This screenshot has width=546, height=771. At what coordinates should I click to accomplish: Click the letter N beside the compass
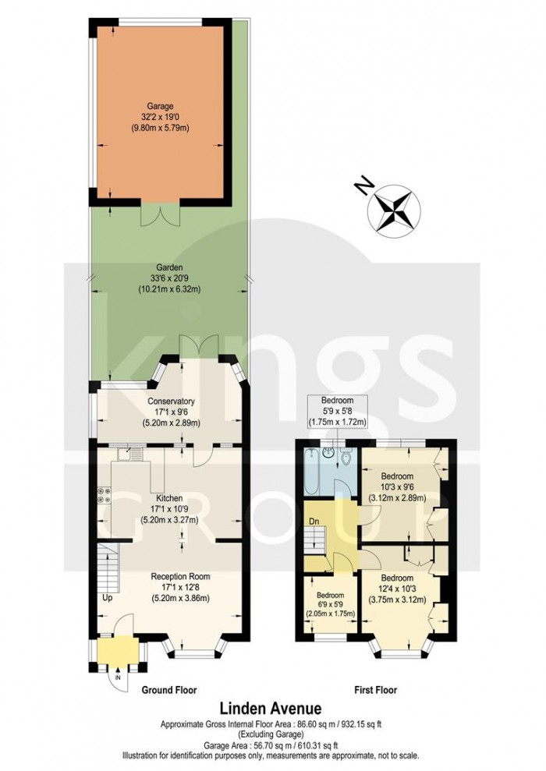[360, 185]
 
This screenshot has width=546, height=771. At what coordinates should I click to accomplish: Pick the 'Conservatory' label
[170, 402]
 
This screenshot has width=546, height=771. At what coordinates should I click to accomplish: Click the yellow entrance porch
[119, 653]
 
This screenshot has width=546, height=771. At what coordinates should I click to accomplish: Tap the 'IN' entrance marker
[118, 678]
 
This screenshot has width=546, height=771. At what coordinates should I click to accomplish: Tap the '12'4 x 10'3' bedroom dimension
[398, 589]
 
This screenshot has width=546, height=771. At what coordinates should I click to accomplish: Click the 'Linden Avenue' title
[270, 709]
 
